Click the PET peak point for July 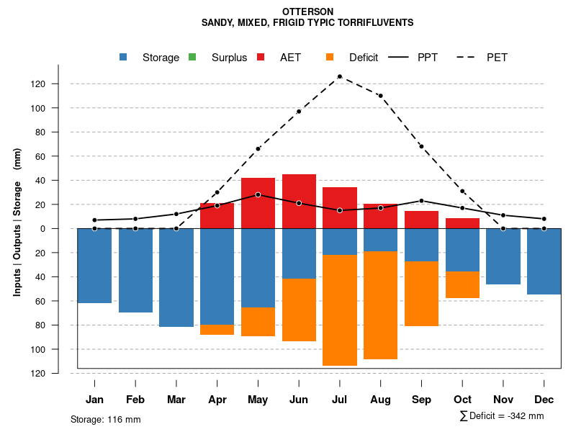click(339, 76)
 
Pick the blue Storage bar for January click(94, 266)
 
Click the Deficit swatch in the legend click(330, 57)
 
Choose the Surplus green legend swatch click(192, 57)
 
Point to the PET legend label click(497, 58)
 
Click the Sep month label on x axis click(421, 400)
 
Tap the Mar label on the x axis click(176, 400)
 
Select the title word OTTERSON click(307, 12)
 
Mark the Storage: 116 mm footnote click(106, 419)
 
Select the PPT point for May click(258, 195)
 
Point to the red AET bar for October click(462, 223)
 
